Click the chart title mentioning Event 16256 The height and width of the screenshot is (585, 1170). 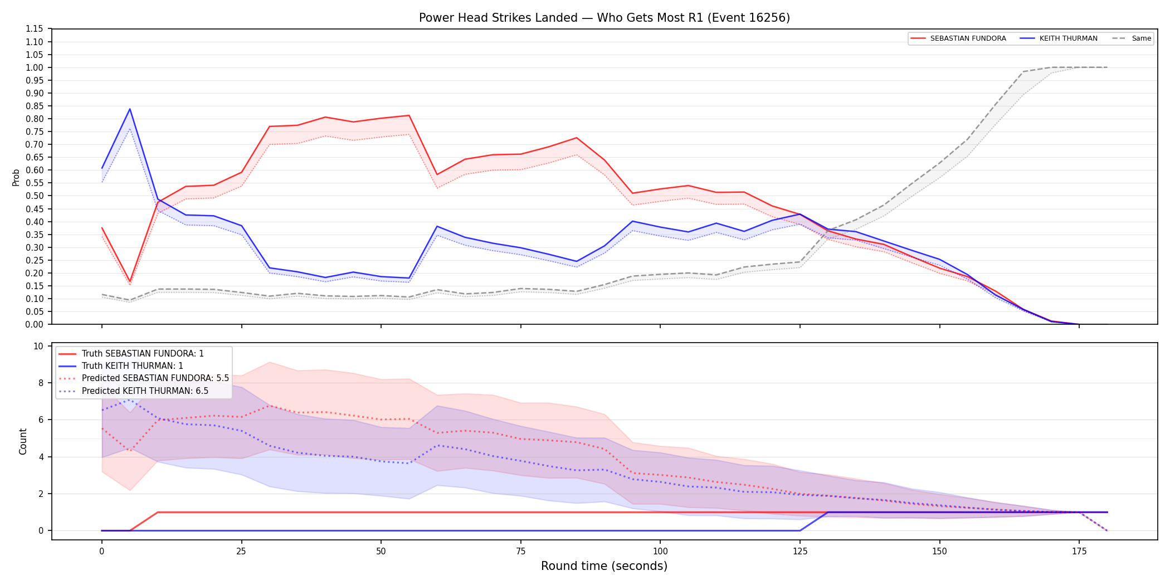604,18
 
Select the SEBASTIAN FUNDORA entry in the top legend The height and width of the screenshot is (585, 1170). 958,38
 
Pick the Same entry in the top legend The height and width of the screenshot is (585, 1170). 1132,38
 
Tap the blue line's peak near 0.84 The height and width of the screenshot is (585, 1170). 130,109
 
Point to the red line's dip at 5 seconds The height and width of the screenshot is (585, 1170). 130,281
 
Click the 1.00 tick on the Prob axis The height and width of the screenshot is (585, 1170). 35,67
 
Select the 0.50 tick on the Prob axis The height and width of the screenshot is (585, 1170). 35,196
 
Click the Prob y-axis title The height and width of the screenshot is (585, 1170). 16,177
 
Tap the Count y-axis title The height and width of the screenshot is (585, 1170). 23,441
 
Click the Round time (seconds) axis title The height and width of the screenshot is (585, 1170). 604,566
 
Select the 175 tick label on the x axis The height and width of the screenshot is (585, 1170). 1079,552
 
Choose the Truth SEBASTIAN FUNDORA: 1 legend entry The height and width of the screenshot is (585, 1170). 131,354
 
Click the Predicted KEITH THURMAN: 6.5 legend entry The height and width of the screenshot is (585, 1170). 134,391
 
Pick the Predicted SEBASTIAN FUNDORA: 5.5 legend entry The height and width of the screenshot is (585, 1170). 144,378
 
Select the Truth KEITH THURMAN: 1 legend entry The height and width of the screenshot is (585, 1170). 121,366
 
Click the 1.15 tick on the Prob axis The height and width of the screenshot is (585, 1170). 35,29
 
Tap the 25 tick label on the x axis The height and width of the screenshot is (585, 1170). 241,552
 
